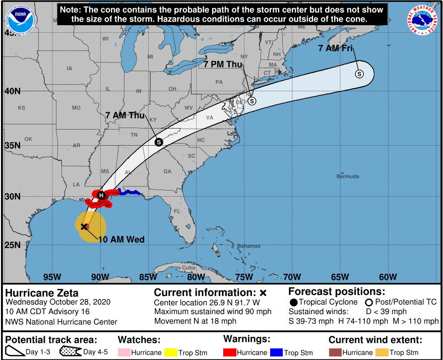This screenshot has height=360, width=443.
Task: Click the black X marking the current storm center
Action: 84,226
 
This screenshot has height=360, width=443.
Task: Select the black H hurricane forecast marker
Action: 101,195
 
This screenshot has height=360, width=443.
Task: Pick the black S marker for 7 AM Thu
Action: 159,142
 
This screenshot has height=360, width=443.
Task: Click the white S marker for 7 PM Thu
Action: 252,101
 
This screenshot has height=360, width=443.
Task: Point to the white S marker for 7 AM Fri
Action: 359,74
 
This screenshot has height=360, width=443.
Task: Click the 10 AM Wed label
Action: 121,239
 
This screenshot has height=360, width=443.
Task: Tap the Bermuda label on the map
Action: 348,176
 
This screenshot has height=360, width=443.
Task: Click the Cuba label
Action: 188,268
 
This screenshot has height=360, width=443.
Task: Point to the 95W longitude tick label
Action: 52,277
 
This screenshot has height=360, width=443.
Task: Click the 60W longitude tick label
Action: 388,277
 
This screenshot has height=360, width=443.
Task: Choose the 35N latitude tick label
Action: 13,145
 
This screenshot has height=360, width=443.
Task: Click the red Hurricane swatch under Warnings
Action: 230,352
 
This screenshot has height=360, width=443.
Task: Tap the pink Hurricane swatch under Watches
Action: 124,352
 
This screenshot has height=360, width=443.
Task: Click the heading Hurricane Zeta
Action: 42,292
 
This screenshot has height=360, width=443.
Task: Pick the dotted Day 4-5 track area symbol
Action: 71,352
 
